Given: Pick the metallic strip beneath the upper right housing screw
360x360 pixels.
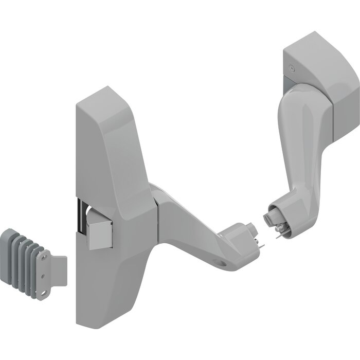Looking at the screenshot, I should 291,82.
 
